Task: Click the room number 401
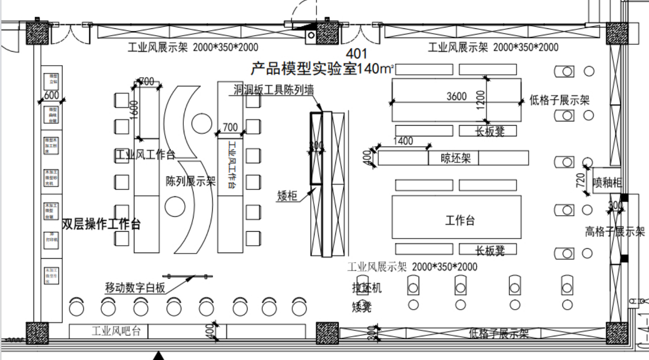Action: [x=357, y=53]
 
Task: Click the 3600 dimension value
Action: [x=456, y=96]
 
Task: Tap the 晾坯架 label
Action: [x=456, y=158]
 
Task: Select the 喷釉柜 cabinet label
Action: [x=607, y=183]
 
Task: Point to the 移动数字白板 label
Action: [x=135, y=288]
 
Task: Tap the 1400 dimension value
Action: [x=403, y=141]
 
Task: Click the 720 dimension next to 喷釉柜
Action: [x=581, y=180]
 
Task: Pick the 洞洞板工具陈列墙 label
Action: [x=274, y=90]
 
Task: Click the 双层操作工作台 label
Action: [x=101, y=225]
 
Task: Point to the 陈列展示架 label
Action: [x=191, y=181]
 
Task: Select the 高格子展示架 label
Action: [x=615, y=231]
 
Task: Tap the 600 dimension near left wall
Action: [x=51, y=95]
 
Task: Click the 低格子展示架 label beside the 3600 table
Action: [x=560, y=100]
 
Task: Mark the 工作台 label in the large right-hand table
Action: [x=460, y=220]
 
